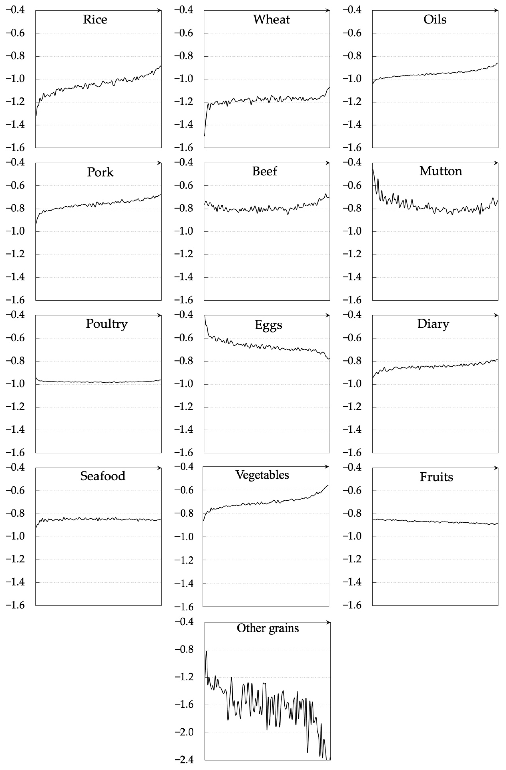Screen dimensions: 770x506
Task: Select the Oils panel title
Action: pyautogui.click(x=435, y=19)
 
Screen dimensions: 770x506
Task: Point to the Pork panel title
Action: pyautogui.click(x=100, y=172)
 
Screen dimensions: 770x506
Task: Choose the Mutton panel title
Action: pyautogui.click(x=441, y=171)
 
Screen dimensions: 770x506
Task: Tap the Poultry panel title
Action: pyautogui.click(x=106, y=324)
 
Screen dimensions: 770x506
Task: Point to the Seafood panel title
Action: pyautogui.click(x=102, y=476)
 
